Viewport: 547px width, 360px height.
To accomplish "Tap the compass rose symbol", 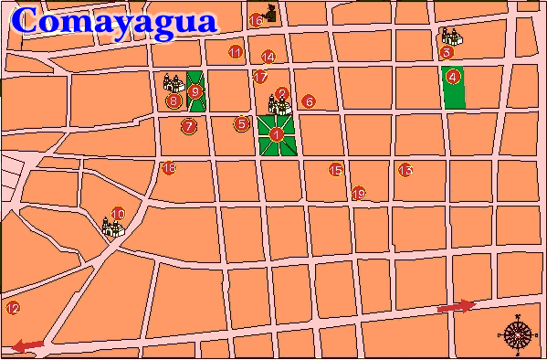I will click(518, 334).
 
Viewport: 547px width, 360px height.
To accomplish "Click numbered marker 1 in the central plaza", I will click(277, 134).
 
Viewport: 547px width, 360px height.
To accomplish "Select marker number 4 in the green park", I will click(453, 78).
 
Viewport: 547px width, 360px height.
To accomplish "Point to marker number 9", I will click(195, 90).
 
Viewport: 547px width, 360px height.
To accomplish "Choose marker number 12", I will click(12, 308).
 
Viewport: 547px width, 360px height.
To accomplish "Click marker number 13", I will click(405, 170).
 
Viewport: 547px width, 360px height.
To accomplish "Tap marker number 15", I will click(335, 169).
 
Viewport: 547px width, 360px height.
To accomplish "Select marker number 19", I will click(358, 193).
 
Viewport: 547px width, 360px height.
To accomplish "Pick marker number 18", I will click(168, 167).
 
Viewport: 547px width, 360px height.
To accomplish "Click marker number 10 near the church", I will click(118, 214).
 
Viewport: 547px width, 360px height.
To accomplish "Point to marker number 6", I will click(309, 101).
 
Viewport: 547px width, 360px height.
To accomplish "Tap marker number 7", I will click(189, 126).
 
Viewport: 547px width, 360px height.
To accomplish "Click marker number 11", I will click(236, 52).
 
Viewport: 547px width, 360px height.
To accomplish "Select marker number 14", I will click(268, 57).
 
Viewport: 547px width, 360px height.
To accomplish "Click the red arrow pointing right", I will click(457, 306).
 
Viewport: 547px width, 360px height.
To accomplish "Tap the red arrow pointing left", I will click(28, 344).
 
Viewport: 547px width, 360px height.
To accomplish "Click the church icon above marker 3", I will click(449, 37).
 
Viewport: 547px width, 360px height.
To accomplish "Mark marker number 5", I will click(242, 123).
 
